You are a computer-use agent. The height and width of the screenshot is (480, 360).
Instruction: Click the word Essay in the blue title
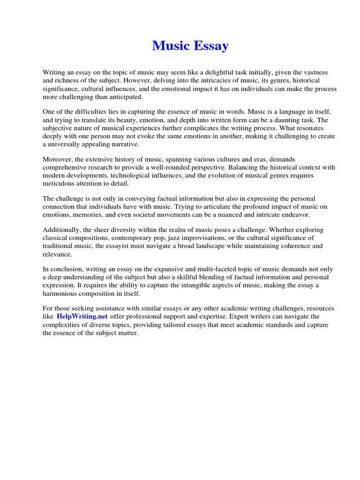point(210,46)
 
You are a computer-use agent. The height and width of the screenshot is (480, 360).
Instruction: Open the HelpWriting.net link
point(82,316)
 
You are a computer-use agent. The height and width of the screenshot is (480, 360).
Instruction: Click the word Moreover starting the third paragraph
point(58,159)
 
